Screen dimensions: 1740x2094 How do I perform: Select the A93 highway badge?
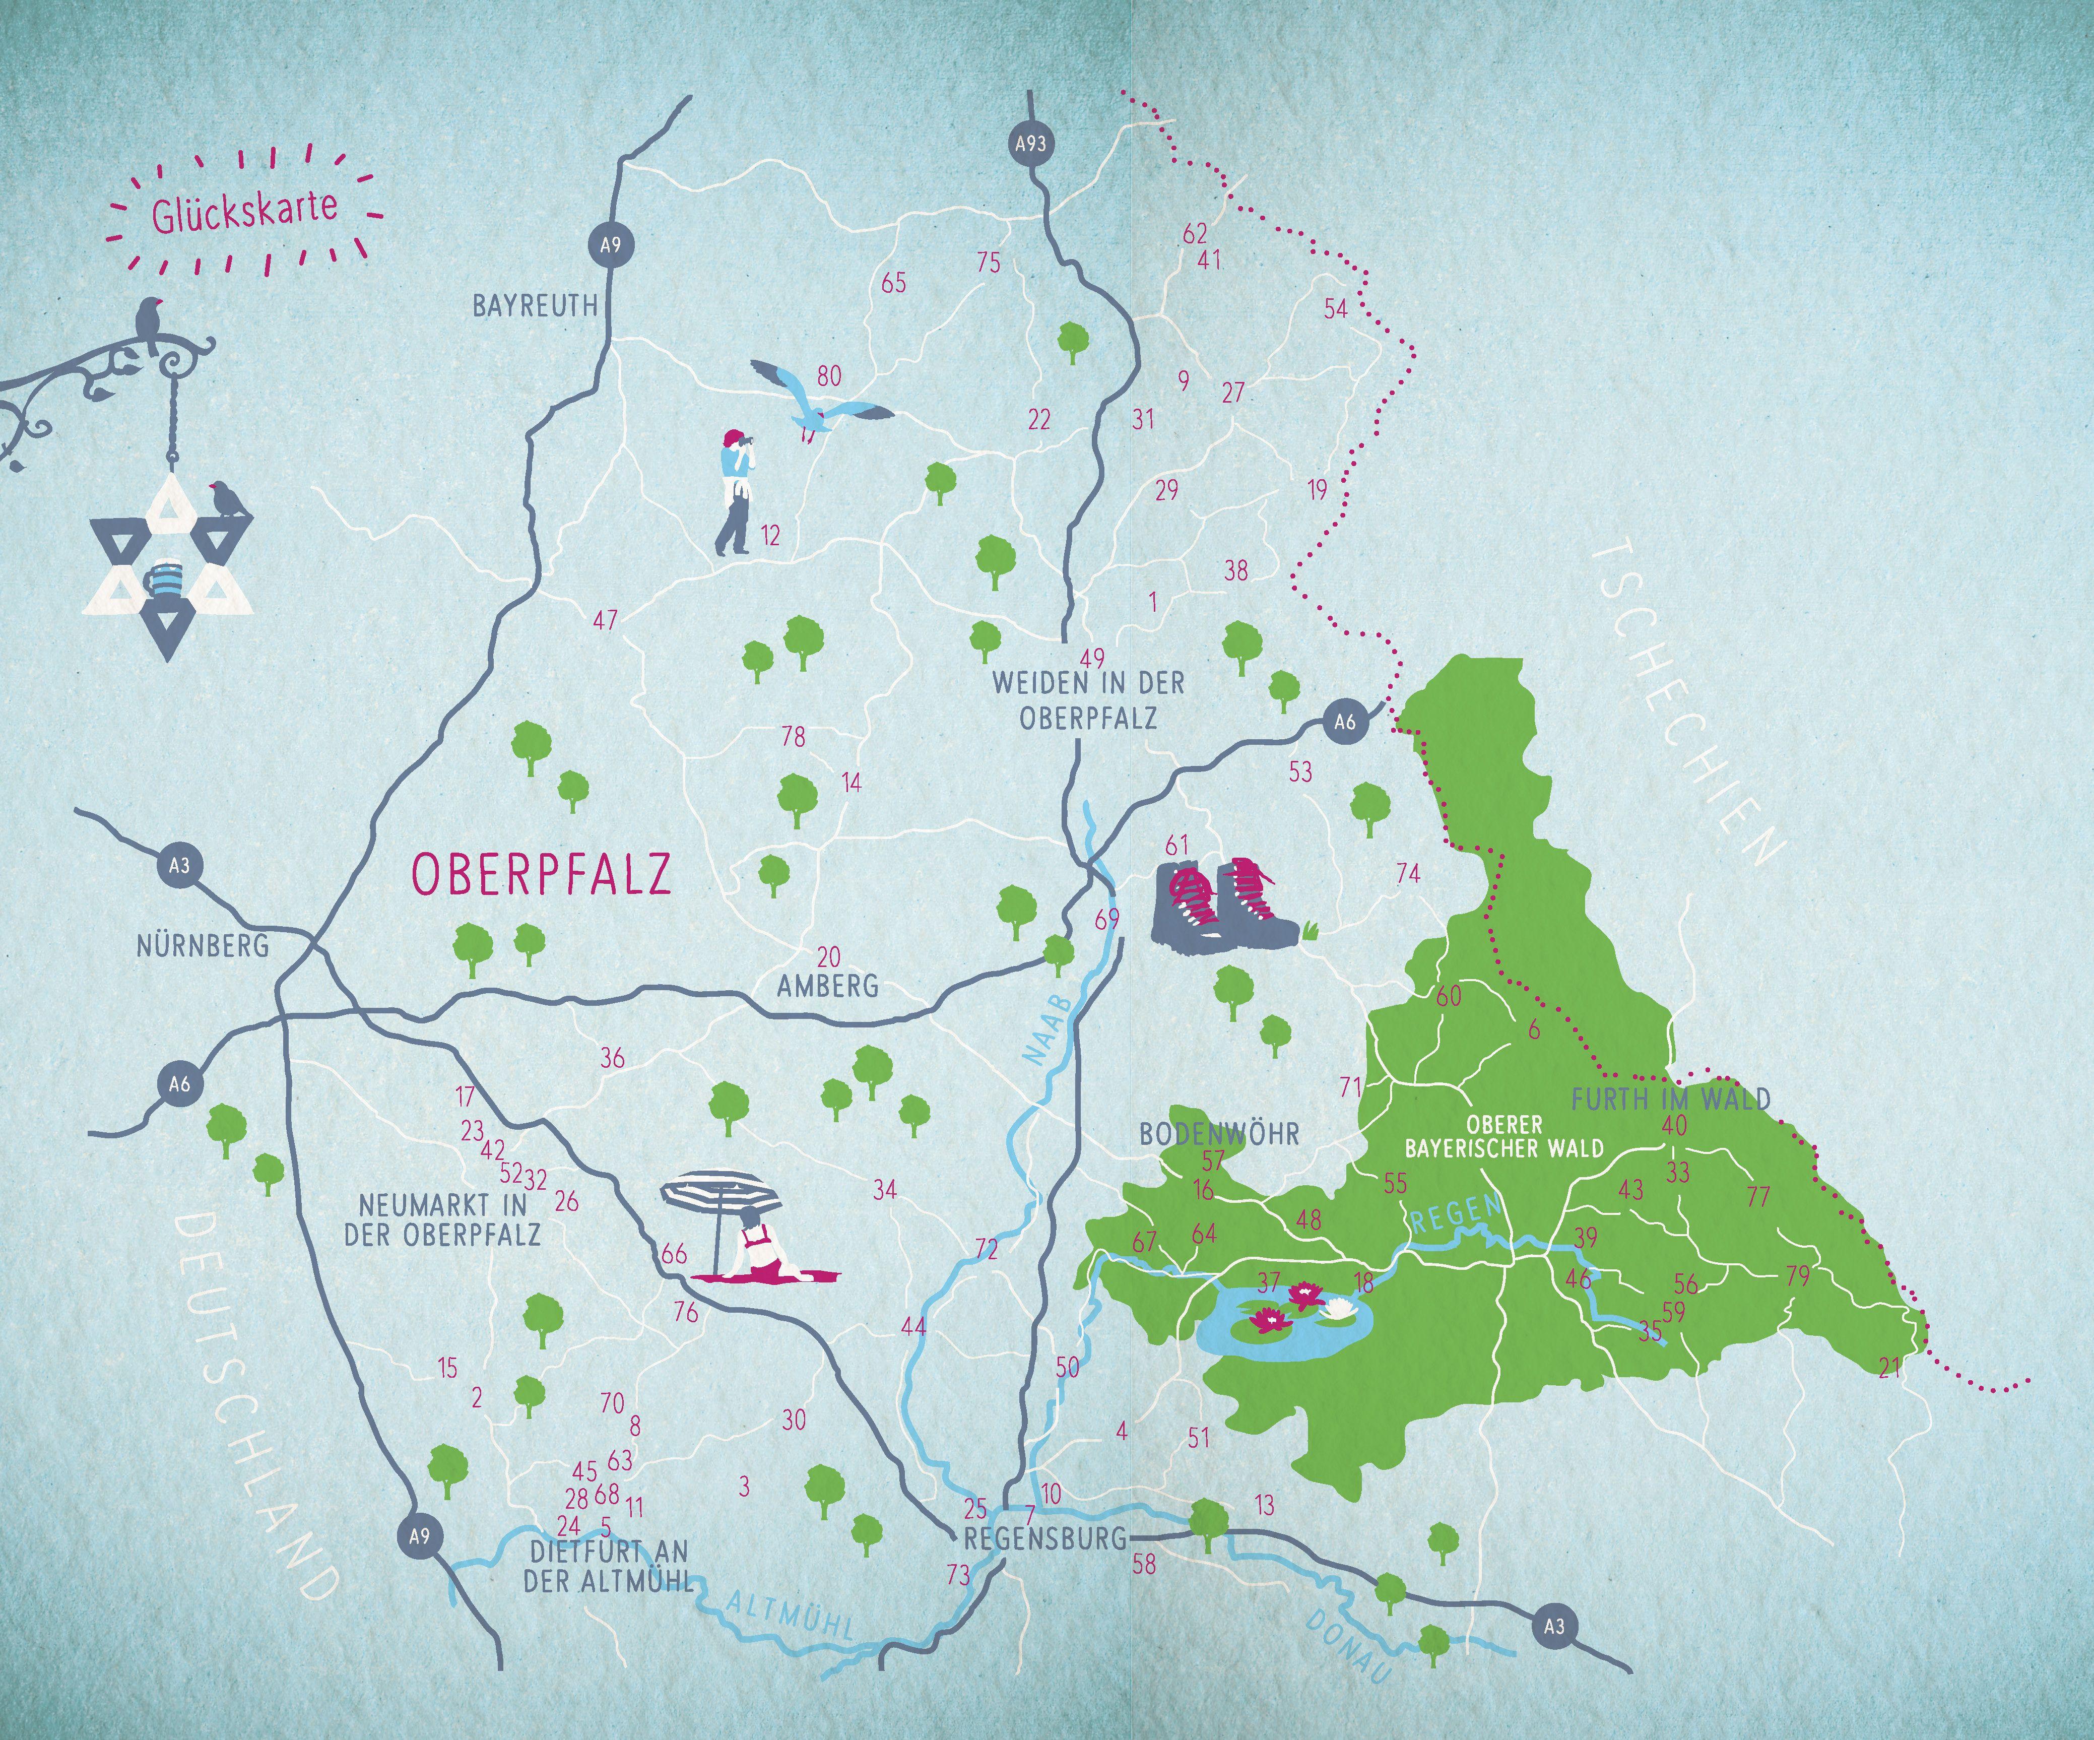tap(1030, 144)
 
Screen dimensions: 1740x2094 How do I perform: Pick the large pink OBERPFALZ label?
tap(542, 873)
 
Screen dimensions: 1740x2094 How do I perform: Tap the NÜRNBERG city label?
tap(204, 944)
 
